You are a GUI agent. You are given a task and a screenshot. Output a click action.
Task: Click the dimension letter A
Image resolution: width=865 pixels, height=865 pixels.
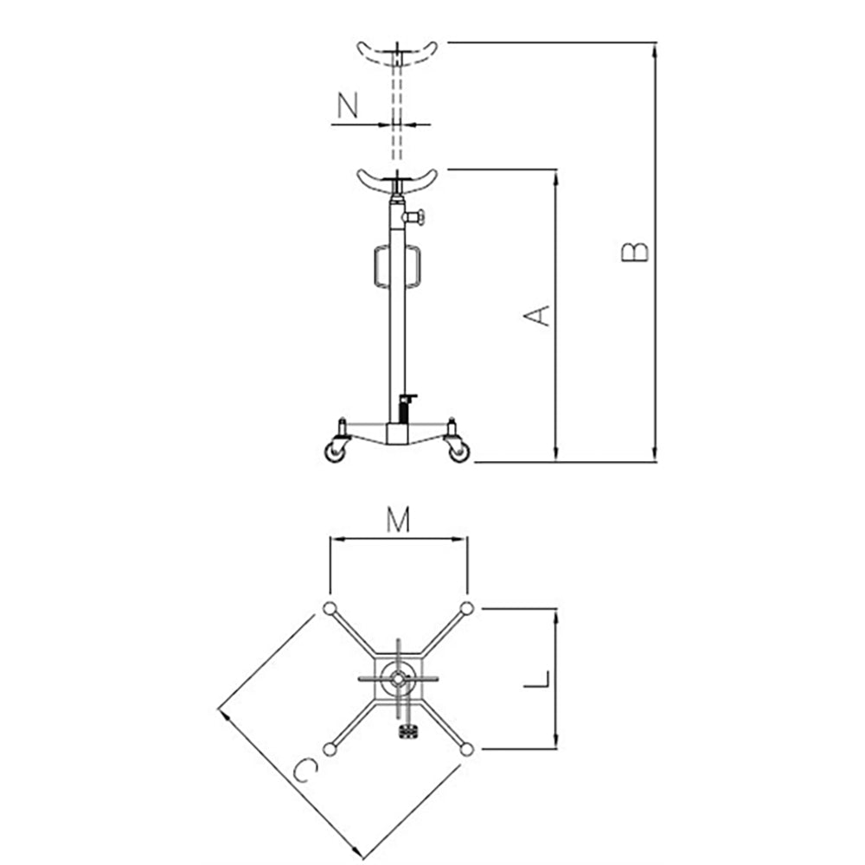[x=536, y=315]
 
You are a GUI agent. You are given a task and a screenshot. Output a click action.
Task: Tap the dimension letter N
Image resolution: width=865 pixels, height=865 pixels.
[x=348, y=106]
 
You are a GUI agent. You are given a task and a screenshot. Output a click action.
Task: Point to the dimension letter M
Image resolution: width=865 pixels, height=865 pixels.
[x=398, y=519]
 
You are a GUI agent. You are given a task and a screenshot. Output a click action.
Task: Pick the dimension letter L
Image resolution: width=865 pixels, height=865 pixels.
[x=537, y=679]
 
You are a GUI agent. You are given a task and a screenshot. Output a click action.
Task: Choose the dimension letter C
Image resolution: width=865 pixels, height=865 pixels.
[x=305, y=770]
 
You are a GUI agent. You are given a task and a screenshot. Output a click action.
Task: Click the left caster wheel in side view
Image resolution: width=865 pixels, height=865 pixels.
[x=335, y=452]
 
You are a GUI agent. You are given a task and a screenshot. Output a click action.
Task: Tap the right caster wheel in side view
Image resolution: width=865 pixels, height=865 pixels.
[x=459, y=452]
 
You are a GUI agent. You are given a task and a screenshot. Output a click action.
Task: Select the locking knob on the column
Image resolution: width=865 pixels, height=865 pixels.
[x=417, y=217]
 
